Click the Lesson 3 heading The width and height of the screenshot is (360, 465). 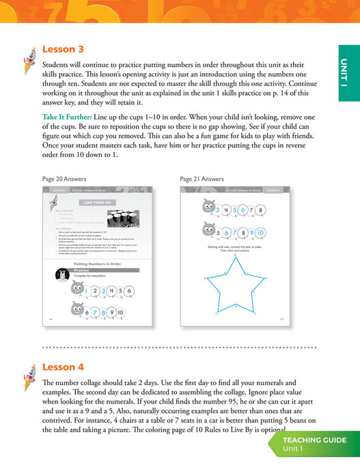click(x=63, y=49)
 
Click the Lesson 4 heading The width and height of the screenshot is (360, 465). click(x=63, y=367)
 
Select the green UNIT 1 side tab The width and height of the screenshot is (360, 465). click(x=348, y=72)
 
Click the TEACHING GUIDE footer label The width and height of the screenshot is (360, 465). click(x=315, y=440)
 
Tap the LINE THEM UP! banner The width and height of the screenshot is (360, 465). click(x=98, y=203)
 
